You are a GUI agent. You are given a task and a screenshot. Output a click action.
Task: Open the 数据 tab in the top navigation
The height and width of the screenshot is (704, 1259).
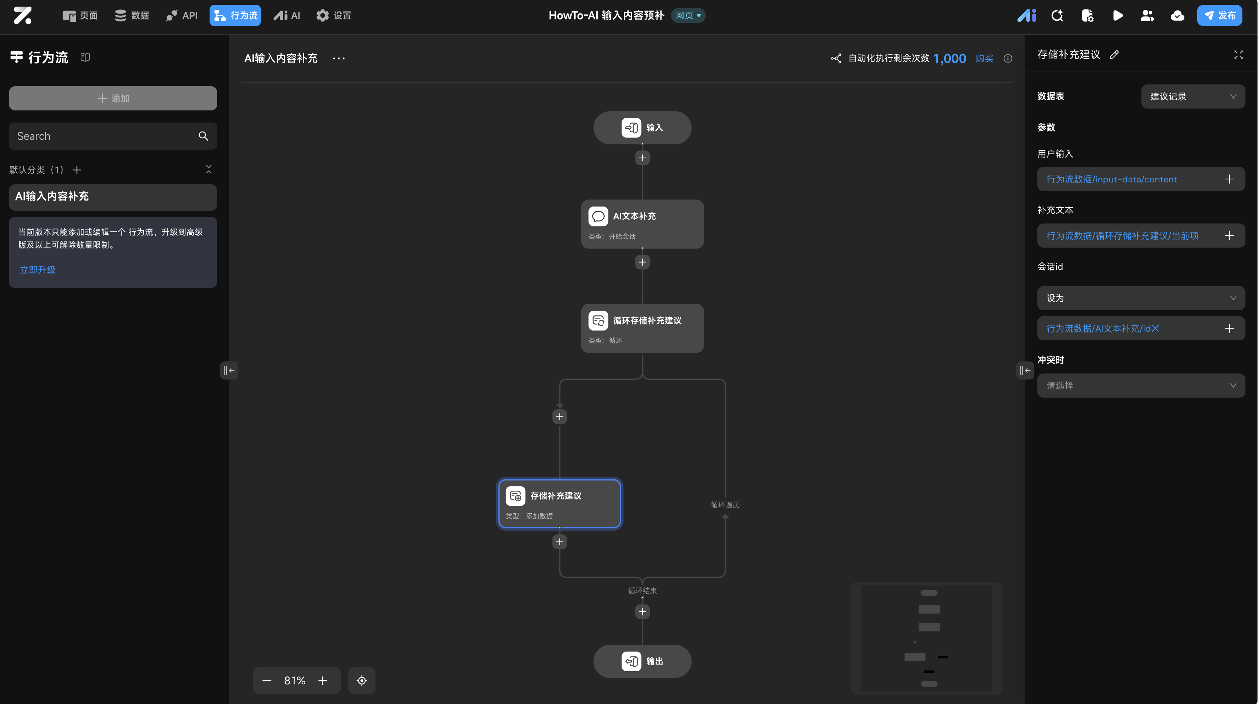click(x=132, y=15)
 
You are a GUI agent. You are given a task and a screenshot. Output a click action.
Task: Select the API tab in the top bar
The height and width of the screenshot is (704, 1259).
click(x=182, y=15)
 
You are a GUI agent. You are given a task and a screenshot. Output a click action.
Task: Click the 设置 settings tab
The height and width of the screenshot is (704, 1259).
click(x=334, y=15)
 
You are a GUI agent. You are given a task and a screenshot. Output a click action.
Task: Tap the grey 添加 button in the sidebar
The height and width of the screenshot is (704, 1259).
click(x=113, y=98)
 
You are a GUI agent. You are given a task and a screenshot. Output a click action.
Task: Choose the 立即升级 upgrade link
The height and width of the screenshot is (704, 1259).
click(x=38, y=270)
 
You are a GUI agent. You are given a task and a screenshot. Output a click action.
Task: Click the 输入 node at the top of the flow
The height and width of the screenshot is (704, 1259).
click(x=642, y=127)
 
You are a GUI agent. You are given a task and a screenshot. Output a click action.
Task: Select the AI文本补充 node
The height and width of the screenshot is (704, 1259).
click(x=642, y=224)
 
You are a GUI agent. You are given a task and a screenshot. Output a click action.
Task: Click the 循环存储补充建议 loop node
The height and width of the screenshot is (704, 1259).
click(x=642, y=328)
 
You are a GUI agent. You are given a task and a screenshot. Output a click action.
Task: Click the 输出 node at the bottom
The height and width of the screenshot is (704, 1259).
click(x=642, y=661)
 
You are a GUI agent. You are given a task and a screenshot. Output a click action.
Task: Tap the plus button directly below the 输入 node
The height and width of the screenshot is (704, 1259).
click(x=642, y=158)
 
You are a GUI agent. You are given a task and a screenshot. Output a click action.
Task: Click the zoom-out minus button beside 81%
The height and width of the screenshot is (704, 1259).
click(x=267, y=681)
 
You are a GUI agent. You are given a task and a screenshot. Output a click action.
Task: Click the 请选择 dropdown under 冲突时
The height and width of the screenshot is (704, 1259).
click(x=1141, y=386)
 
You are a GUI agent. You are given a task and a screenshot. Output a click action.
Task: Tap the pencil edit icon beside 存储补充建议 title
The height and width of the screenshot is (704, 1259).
click(x=1114, y=55)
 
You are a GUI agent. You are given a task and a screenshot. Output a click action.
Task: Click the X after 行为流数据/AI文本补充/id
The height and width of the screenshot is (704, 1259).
click(x=1155, y=328)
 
